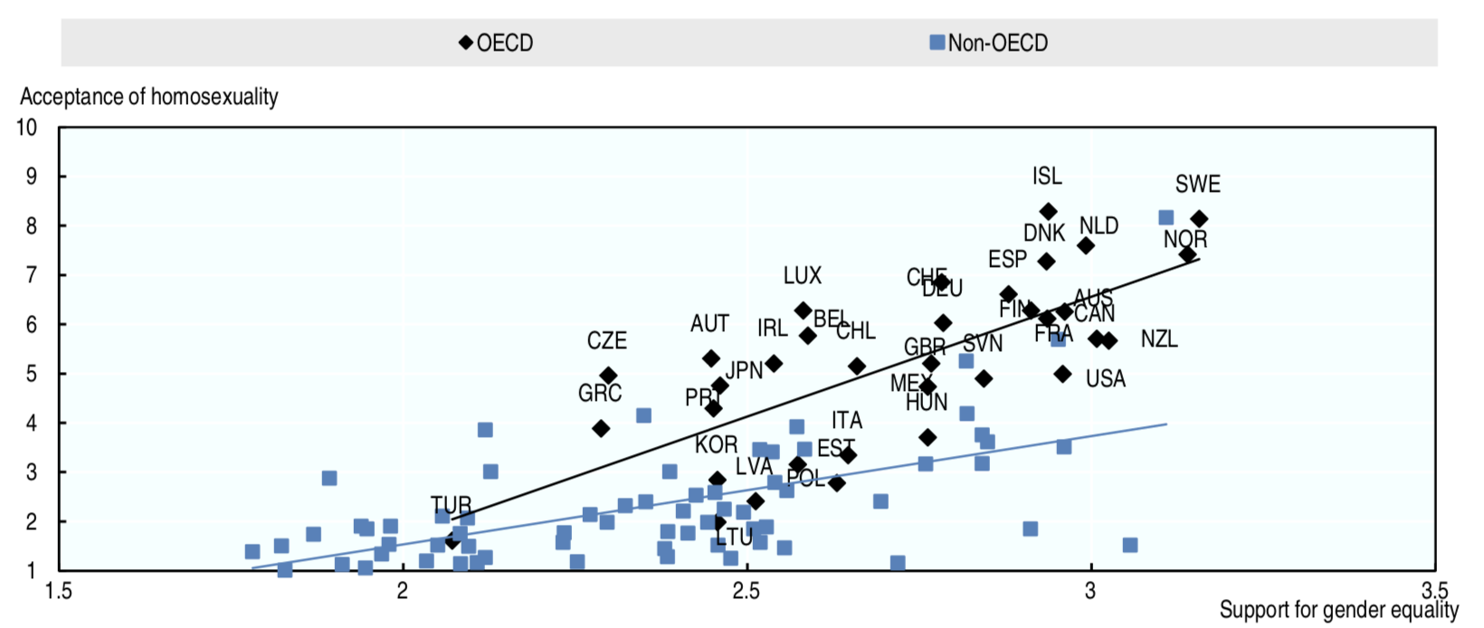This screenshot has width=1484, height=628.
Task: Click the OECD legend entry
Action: (497, 43)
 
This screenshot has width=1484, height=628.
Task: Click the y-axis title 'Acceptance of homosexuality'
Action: (149, 97)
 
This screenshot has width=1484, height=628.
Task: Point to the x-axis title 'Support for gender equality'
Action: (1338, 610)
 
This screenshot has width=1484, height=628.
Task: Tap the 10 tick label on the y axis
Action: (27, 127)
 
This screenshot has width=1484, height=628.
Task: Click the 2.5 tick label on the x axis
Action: (747, 592)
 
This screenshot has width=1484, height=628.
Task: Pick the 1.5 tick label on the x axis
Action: (60, 592)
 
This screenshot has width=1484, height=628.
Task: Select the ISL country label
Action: (1047, 176)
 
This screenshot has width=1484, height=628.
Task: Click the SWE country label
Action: (1197, 185)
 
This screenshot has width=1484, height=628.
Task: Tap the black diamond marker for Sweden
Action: (1199, 219)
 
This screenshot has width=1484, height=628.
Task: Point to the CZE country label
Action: (606, 341)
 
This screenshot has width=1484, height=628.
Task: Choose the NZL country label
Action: (1159, 339)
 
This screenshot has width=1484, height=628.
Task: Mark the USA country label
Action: (1106, 379)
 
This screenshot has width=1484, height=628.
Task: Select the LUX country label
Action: (803, 275)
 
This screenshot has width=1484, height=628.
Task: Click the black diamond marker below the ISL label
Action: (1048, 212)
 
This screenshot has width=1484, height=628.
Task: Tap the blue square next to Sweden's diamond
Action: (1166, 218)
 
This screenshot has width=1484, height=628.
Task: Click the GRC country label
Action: (600, 394)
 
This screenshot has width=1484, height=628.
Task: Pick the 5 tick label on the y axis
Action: (31, 374)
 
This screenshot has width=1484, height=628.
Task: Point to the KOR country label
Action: (716, 445)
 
